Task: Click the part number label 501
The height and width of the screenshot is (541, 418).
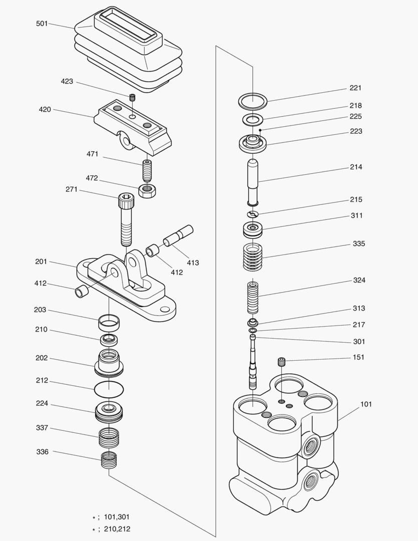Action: [x=42, y=24]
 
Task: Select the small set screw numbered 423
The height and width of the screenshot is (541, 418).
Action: [x=133, y=97]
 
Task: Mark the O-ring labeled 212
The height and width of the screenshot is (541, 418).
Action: [x=109, y=388]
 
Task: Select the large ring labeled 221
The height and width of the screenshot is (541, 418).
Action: [x=253, y=101]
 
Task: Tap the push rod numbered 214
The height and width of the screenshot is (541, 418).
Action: [x=253, y=182]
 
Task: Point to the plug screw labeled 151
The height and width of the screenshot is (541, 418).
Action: [x=282, y=361]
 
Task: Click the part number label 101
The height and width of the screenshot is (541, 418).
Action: [x=366, y=404]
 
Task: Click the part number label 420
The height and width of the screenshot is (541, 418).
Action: [x=45, y=109]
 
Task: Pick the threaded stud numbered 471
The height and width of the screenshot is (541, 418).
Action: [x=147, y=171]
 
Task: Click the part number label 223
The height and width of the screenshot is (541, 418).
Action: [x=356, y=131]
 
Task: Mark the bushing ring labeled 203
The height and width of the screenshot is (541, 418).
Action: [x=109, y=322]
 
